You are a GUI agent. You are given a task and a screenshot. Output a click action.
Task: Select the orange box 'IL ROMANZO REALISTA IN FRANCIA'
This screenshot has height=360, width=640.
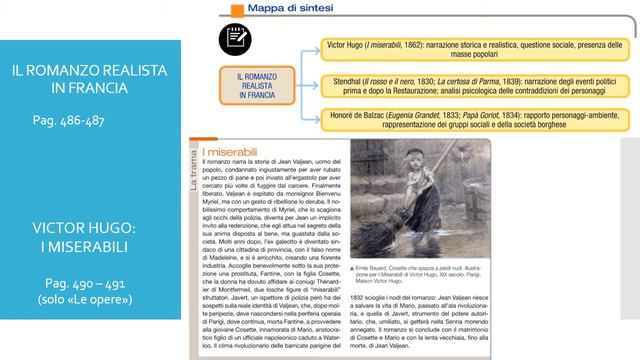256,87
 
